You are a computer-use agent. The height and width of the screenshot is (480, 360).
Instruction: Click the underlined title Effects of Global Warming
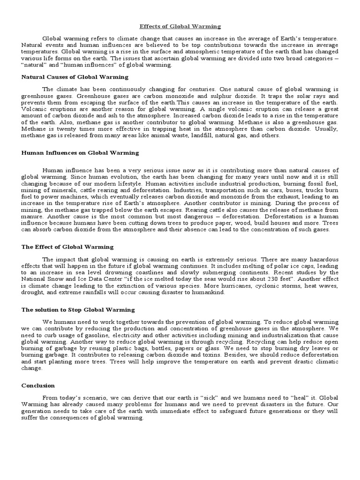(180, 27)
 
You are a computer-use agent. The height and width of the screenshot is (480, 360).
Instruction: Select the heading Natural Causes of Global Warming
(75, 76)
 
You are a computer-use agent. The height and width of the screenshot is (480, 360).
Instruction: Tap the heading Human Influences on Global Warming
(80, 153)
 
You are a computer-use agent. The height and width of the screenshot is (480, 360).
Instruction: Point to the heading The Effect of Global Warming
(67, 247)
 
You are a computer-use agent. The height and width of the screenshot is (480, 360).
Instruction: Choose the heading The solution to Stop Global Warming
(78, 310)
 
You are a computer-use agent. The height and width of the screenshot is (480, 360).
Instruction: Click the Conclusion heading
(38, 385)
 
